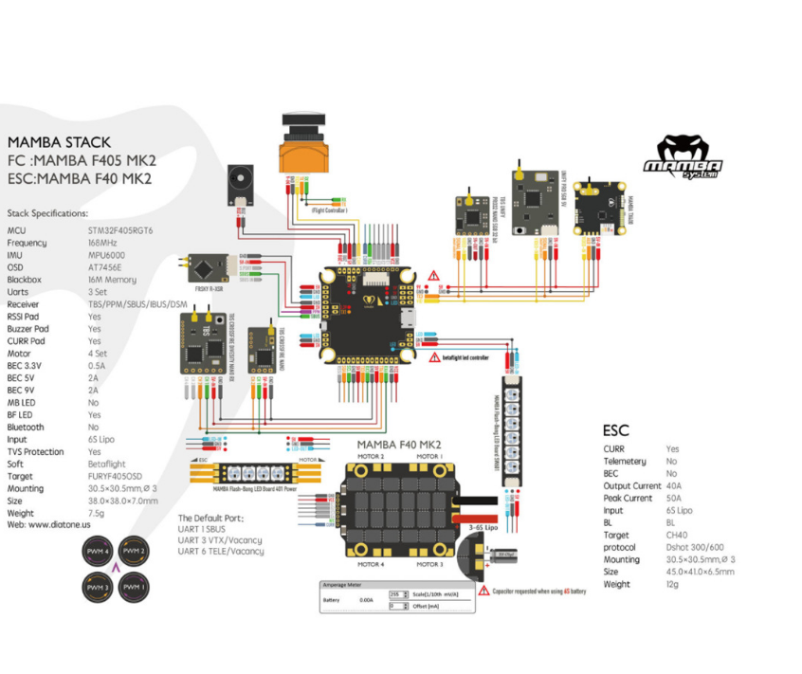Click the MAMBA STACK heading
tap(59, 143)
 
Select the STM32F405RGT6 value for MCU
tap(121, 230)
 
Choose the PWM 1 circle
tap(134, 588)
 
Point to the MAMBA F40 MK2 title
tap(398, 444)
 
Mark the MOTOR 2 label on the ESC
tap(371, 457)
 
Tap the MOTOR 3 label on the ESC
tap(428, 564)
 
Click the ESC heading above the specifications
tap(615, 430)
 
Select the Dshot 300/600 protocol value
tap(695, 548)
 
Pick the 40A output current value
tap(673, 485)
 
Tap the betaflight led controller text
tap(466, 358)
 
